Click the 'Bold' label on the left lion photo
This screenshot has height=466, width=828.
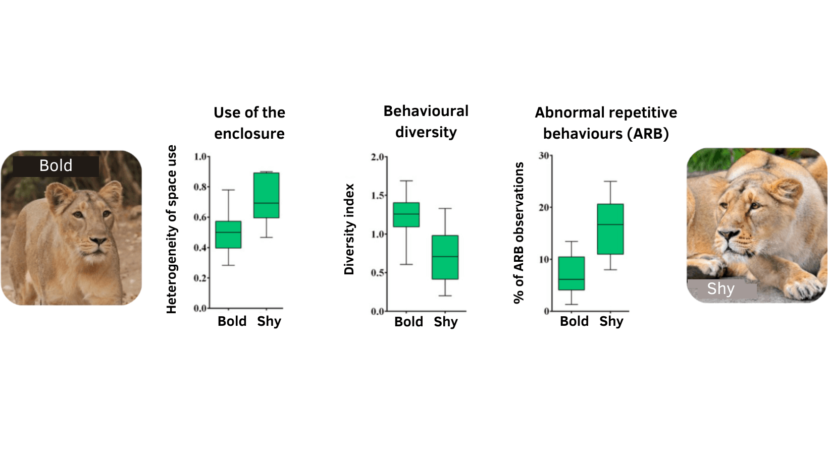click(56, 165)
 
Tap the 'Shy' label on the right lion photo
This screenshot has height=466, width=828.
click(720, 288)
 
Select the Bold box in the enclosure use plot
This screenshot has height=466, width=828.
click(228, 235)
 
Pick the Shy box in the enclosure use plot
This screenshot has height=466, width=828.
click(267, 195)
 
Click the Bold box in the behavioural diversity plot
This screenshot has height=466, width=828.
click(406, 215)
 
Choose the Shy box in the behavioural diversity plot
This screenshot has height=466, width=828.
click(445, 257)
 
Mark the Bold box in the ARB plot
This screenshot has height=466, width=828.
click(572, 273)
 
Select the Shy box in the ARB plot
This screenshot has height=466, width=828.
click(610, 229)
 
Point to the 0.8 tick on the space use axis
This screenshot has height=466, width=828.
click(201, 187)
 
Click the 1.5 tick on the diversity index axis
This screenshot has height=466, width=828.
click(378, 196)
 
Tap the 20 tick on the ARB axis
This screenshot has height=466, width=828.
click(544, 208)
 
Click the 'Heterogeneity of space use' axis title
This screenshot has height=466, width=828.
click(172, 229)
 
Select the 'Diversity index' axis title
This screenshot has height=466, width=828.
click(349, 229)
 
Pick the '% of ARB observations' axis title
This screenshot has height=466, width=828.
click(519, 232)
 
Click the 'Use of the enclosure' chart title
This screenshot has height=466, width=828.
click(249, 123)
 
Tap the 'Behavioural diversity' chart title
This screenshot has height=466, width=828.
click(426, 122)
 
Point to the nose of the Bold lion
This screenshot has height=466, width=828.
click(99, 242)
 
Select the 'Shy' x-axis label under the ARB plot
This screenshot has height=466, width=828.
click(611, 321)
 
